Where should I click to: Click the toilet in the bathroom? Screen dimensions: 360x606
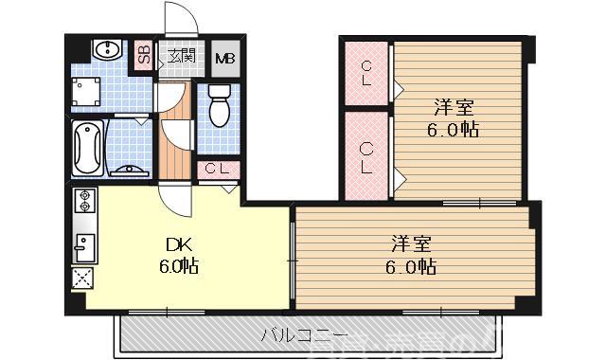click(x=220, y=105)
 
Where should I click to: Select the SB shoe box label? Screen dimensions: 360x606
click(x=144, y=56)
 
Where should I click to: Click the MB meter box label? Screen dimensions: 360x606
click(x=225, y=58)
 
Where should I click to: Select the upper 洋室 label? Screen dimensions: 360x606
click(x=453, y=107)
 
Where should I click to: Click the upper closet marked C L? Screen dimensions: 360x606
click(x=367, y=74)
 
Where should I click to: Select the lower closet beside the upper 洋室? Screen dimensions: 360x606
click(x=367, y=156)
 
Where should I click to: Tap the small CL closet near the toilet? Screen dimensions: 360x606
click(x=216, y=170)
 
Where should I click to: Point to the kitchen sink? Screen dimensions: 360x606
click(x=82, y=246)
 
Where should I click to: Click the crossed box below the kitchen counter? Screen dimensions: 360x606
click(x=82, y=279)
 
